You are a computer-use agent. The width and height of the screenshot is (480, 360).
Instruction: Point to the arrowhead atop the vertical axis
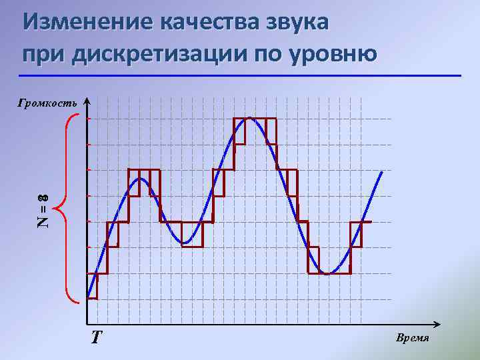tap(87, 99)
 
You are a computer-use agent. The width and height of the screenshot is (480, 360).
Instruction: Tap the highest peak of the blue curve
tap(249, 118)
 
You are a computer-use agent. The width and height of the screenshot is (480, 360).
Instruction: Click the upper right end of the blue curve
tap(382, 172)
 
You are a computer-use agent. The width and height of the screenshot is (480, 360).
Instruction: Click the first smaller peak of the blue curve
tap(141, 179)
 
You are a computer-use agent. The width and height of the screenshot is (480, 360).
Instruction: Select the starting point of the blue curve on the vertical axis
tap(88, 297)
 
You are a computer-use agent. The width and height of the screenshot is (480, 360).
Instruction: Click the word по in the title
tap(267, 53)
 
